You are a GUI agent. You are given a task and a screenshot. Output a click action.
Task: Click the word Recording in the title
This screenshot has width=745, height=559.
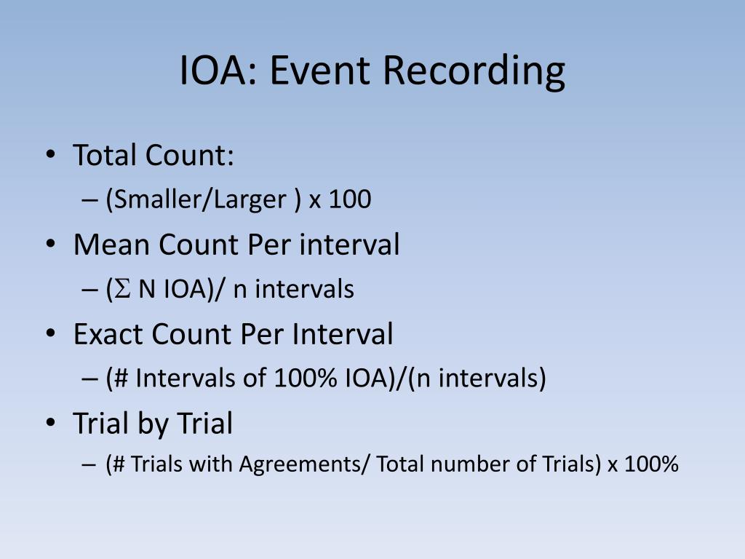coord(474,71)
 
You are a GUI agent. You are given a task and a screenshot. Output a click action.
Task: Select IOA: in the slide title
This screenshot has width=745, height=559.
coord(219,71)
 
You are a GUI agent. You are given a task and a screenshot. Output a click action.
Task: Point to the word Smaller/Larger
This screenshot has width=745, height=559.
coord(200,200)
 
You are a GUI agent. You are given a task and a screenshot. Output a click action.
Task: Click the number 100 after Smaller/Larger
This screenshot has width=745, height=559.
coord(349,200)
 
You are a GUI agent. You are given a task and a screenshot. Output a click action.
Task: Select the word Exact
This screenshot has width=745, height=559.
coord(108,334)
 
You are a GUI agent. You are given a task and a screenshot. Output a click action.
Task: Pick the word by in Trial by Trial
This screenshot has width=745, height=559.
coord(151,424)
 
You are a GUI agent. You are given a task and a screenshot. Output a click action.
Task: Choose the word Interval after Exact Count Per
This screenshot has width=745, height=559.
coord(343,334)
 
